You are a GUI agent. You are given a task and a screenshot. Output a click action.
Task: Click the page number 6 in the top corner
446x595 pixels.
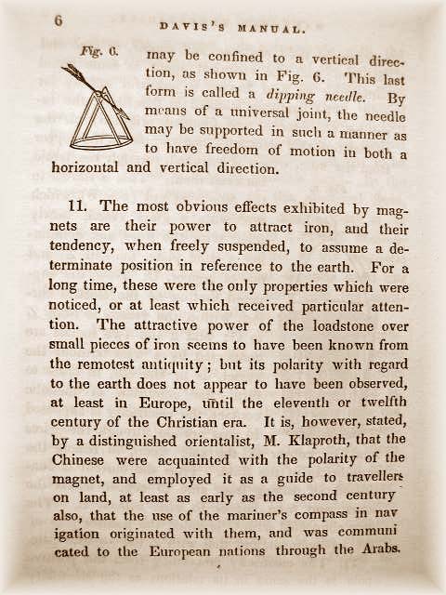click(x=59, y=21)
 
